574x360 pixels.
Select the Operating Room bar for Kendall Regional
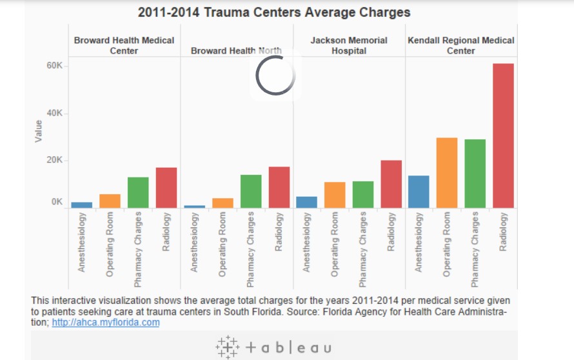pos(447,172)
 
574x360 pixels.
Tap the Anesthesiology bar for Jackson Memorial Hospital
pos(306,202)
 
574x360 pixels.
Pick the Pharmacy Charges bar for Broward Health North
pos(251,191)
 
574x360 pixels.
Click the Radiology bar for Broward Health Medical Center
pos(166,188)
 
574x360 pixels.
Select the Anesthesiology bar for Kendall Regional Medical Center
pos(419,192)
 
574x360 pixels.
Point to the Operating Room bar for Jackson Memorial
pos(335,195)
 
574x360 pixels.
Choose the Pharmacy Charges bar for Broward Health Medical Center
pos(138,192)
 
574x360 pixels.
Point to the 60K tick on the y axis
pos(54,66)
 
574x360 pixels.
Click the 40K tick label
pos(54,114)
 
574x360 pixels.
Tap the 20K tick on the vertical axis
pos(54,161)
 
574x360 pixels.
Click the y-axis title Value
pos(39,132)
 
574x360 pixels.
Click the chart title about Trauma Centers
pos(274,12)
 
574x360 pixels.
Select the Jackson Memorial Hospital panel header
pos(349,45)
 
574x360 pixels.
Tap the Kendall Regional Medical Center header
pos(461,45)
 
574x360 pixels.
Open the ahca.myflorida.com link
pos(106,323)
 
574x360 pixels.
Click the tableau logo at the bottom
pos(274,347)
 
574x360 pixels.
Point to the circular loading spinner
pos(275,76)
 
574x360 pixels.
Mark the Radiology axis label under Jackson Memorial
pos(391,233)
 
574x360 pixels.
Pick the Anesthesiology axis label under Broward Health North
pos(195,243)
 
